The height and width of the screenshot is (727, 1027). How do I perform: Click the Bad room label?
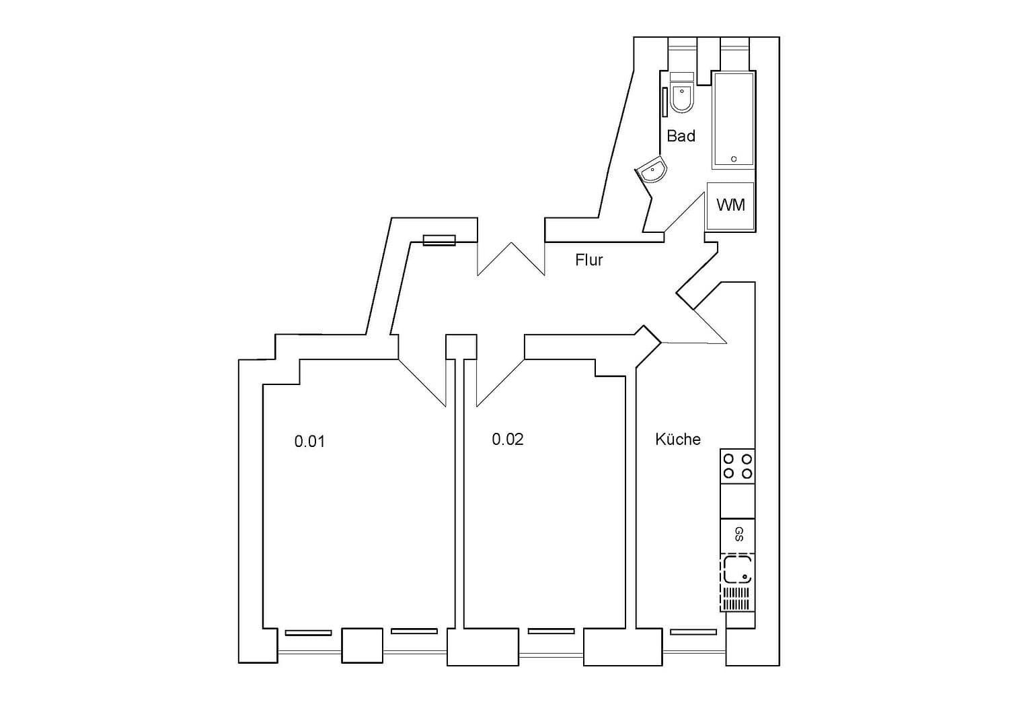click(681, 136)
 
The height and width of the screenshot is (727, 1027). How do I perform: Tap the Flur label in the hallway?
click(589, 260)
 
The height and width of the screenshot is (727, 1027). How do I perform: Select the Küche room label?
click(678, 440)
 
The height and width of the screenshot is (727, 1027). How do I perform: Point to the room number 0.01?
click(309, 442)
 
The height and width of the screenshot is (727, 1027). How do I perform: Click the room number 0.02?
click(508, 440)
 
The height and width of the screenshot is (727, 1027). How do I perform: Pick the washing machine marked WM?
click(730, 205)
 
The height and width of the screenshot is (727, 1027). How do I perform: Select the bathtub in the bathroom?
click(734, 121)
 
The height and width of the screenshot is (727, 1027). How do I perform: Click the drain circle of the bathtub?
click(734, 159)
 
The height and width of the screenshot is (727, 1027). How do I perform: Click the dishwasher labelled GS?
click(738, 535)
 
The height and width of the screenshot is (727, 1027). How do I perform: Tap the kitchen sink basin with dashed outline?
click(736, 569)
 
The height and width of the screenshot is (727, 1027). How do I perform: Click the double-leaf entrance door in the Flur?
click(510, 259)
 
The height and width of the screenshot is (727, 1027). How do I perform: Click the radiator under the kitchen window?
click(693, 632)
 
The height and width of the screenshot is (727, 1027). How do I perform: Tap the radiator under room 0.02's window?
click(551, 631)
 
